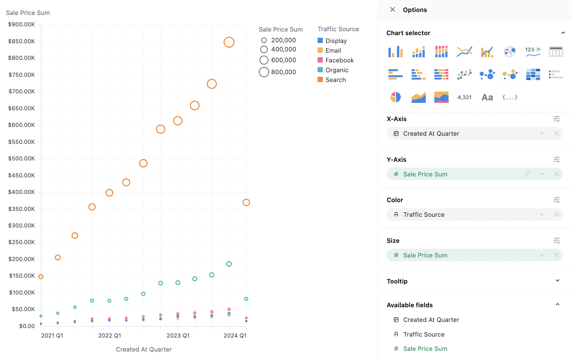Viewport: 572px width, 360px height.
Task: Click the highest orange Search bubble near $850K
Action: (x=229, y=42)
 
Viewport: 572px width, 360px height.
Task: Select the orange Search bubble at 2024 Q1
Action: (x=246, y=202)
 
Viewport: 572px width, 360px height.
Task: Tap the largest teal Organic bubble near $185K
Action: (x=229, y=264)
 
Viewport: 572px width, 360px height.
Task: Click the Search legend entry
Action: (x=335, y=80)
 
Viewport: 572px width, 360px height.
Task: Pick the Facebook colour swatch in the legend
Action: (x=320, y=60)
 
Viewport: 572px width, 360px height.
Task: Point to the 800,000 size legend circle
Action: (x=264, y=72)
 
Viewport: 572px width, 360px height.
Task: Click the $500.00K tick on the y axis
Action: (x=21, y=159)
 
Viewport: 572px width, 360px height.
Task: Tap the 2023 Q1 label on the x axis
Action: (x=178, y=336)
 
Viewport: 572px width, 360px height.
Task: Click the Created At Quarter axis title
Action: (x=144, y=349)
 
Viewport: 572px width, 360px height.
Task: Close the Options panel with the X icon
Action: (x=392, y=9)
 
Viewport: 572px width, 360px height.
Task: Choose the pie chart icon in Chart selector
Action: (x=395, y=97)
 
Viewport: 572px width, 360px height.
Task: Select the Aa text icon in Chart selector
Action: (x=487, y=97)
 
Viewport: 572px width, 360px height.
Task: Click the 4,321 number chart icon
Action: (x=464, y=97)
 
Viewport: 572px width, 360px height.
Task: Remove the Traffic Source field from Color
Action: (x=556, y=215)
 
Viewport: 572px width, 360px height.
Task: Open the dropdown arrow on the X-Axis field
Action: (x=542, y=133)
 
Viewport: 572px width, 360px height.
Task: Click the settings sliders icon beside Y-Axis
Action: (x=556, y=159)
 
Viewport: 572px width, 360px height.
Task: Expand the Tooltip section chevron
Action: (x=557, y=281)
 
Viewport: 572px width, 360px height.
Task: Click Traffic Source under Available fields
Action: (x=424, y=334)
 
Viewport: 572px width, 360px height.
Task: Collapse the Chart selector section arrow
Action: (x=563, y=33)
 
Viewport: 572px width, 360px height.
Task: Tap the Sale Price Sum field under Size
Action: (x=425, y=255)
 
